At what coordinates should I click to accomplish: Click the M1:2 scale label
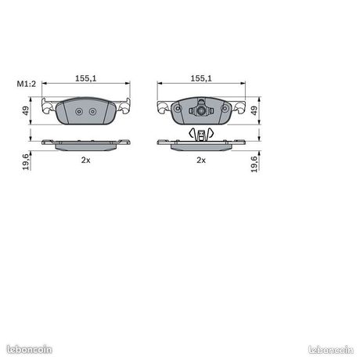(27, 84)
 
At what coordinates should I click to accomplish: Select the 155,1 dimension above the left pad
(86, 78)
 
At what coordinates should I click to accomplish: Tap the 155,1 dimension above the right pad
(201, 78)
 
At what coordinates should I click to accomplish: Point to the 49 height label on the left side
(26, 110)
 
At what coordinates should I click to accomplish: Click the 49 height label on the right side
(254, 110)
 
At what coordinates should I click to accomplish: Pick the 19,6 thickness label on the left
(26, 162)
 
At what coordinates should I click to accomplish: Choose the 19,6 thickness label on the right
(254, 164)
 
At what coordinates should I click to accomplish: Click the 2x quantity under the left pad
(85, 160)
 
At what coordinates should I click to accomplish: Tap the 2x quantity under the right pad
(201, 160)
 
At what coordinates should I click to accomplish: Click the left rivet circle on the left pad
(79, 112)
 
